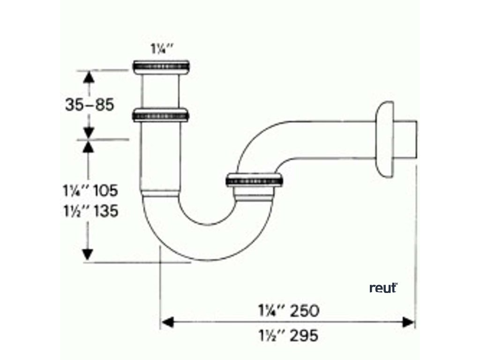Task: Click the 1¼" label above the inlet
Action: click(x=161, y=49)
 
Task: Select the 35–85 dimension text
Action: click(x=89, y=105)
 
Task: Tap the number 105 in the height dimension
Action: click(x=105, y=191)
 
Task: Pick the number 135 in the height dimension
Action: click(x=105, y=211)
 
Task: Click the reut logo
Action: click(x=383, y=288)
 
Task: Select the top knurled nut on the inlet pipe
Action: click(x=161, y=67)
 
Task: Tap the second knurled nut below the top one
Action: click(x=161, y=115)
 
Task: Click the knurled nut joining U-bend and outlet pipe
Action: click(x=255, y=180)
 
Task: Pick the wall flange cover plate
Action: click(x=386, y=141)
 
